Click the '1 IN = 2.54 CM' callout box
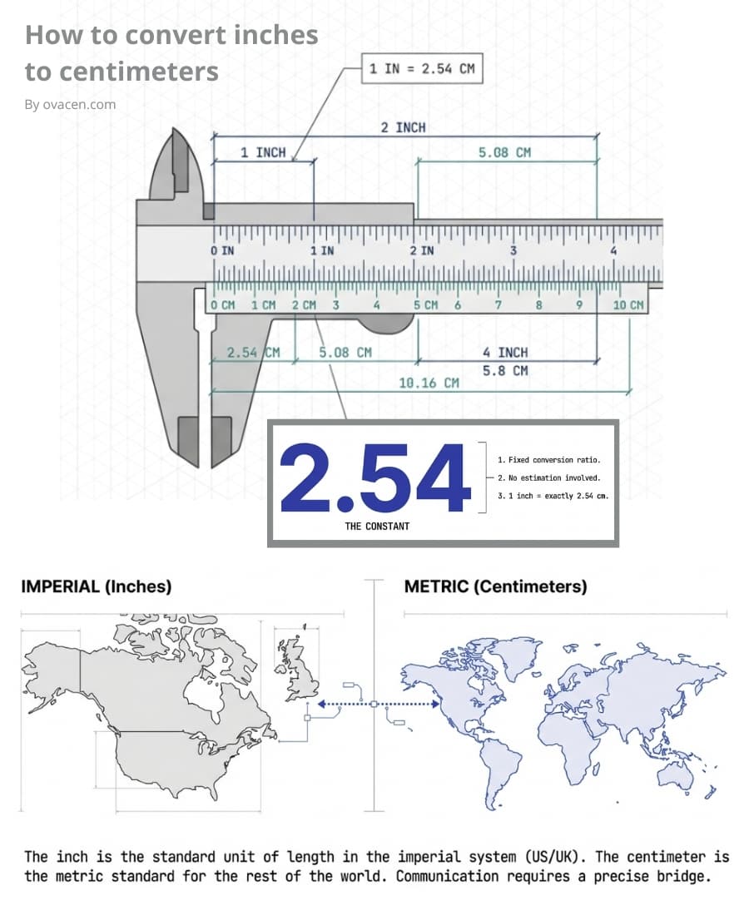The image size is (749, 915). [422, 68]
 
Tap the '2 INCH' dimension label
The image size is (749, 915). [404, 127]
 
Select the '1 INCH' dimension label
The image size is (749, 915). [263, 152]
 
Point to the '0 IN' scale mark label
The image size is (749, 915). [222, 250]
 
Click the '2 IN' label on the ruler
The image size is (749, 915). [421, 250]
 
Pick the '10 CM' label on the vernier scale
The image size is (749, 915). [628, 304]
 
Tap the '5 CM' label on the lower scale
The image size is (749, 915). [425, 304]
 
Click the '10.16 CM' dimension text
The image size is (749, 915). [429, 383]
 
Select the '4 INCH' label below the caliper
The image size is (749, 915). [505, 353]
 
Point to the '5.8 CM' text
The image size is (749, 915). [505, 370]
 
